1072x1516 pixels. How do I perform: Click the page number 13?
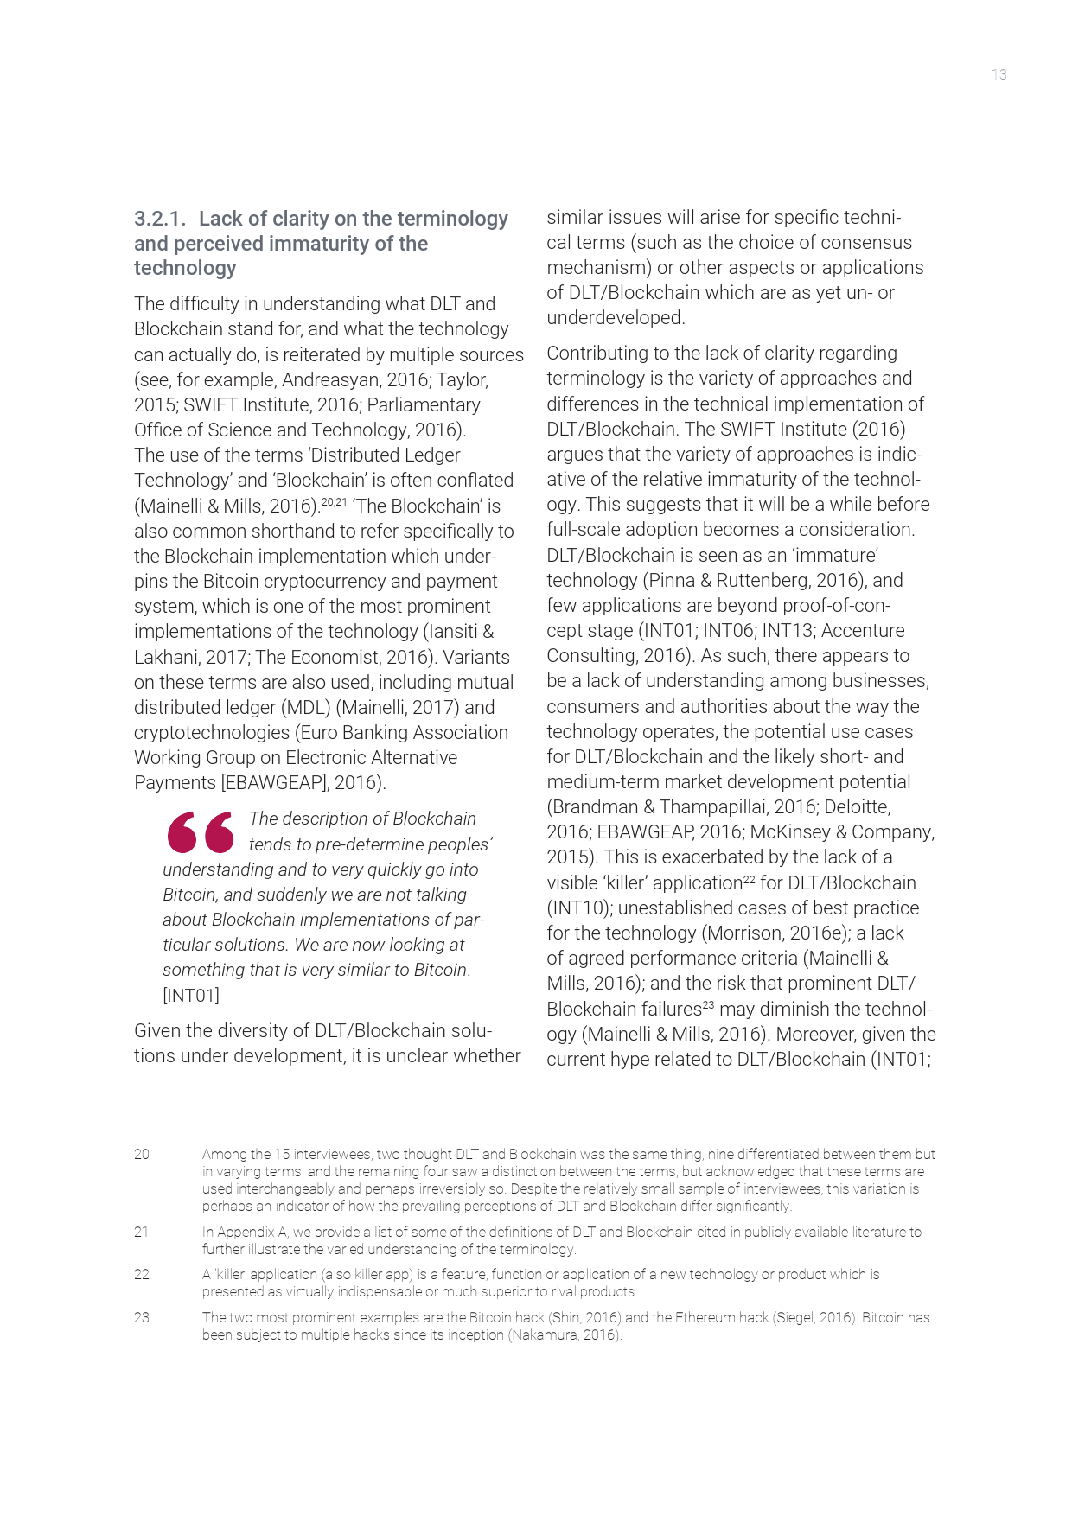tap(999, 75)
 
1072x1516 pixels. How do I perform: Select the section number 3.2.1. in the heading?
tap(160, 220)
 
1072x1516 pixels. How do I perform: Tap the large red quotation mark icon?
tap(201, 831)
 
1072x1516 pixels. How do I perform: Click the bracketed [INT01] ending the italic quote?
tap(191, 996)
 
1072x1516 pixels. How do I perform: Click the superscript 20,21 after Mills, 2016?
tap(334, 501)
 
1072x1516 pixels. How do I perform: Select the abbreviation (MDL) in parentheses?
tap(305, 708)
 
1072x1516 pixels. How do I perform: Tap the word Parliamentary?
tap(424, 405)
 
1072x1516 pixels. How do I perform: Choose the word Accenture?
tap(863, 631)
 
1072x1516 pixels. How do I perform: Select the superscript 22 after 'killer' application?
tap(749, 879)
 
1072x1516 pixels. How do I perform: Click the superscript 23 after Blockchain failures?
tap(708, 1005)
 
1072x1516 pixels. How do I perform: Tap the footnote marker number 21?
tap(142, 1232)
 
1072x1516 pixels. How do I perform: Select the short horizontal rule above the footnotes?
tap(198, 1124)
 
